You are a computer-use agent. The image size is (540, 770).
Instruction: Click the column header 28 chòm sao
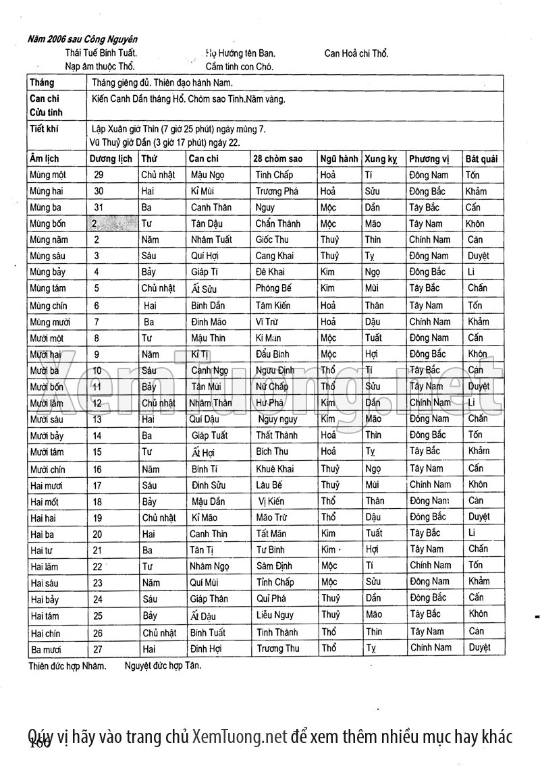(277, 159)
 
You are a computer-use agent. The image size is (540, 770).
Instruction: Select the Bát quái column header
(481, 159)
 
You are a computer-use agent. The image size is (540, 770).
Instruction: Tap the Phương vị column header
(429, 159)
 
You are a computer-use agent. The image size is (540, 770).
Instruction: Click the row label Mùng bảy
(48, 273)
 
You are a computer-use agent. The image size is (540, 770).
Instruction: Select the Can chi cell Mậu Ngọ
(207, 175)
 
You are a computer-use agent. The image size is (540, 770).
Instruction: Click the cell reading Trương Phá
(277, 191)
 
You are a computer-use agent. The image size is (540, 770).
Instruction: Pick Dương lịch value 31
(99, 207)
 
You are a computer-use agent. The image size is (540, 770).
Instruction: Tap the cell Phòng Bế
(274, 289)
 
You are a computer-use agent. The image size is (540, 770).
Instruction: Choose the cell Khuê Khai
(275, 469)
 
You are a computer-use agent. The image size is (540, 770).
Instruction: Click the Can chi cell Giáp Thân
(209, 599)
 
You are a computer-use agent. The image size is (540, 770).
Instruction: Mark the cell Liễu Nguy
(275, 615)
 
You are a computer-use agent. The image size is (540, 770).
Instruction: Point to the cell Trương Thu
(277, 649)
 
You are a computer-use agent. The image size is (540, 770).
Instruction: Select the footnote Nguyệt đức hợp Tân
(163, 665)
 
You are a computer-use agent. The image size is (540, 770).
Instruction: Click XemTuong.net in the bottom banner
(240, 735)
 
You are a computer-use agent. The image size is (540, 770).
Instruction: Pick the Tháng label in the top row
(42, 83)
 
